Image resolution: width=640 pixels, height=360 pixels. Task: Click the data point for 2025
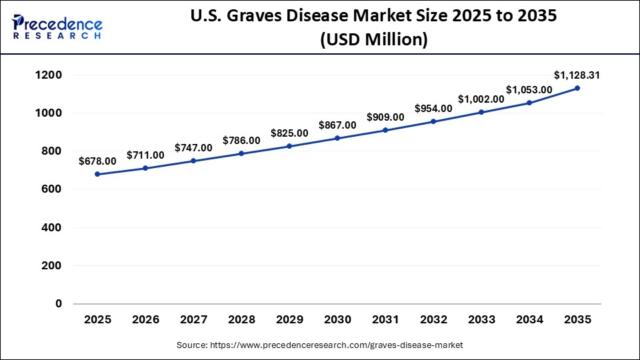point(98,174)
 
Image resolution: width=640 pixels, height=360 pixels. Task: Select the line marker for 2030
point(337,138)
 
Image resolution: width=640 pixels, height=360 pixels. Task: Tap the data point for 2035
point(577,88)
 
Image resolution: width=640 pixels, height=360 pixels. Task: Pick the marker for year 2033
point(481,112)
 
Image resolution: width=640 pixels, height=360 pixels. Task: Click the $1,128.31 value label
point(577,75)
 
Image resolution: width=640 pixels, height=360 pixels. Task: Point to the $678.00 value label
point(97,161)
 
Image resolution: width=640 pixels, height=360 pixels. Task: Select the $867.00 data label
point(337,125)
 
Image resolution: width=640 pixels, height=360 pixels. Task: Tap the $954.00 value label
point(433,108)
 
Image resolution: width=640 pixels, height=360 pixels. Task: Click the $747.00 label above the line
point(193,147)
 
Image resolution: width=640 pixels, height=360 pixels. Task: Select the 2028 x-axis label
point(241,320)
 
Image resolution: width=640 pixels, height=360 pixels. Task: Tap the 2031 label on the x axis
point(385,320)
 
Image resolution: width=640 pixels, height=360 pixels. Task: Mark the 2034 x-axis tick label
point(529,320)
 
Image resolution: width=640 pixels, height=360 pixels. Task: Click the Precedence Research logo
point(57,27)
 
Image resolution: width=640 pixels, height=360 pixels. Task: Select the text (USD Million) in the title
point(373,40)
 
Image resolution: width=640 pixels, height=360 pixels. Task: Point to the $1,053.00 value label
point(529,89)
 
